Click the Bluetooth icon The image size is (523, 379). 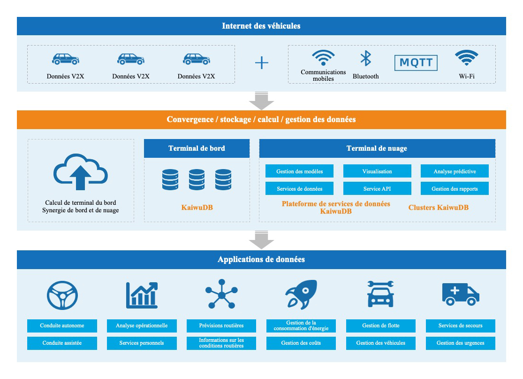click(365, 59)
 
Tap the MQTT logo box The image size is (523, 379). click(416, 62)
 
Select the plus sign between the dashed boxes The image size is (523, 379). click(261, 62)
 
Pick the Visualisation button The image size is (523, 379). click(377, 171)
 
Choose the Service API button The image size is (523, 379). click(377, 189)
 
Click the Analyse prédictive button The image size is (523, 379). click(455, 171)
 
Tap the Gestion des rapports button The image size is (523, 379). click(455, 189)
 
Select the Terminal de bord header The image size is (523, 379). click(197, 148)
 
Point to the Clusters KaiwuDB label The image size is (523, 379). click(438, 208)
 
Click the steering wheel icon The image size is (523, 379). click(62, 294)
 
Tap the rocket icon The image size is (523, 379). click(301, 294)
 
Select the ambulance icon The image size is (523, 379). click(461, 294)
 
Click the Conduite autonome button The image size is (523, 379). click(62, 325)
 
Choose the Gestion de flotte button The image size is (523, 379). click(381, 325)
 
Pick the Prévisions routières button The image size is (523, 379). click(221, 325)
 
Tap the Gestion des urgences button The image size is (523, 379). click(460, 343)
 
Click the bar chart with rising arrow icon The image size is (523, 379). click(142, 294)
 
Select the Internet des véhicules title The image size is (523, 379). click(261, 26)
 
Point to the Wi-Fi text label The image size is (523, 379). click(467, 76)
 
